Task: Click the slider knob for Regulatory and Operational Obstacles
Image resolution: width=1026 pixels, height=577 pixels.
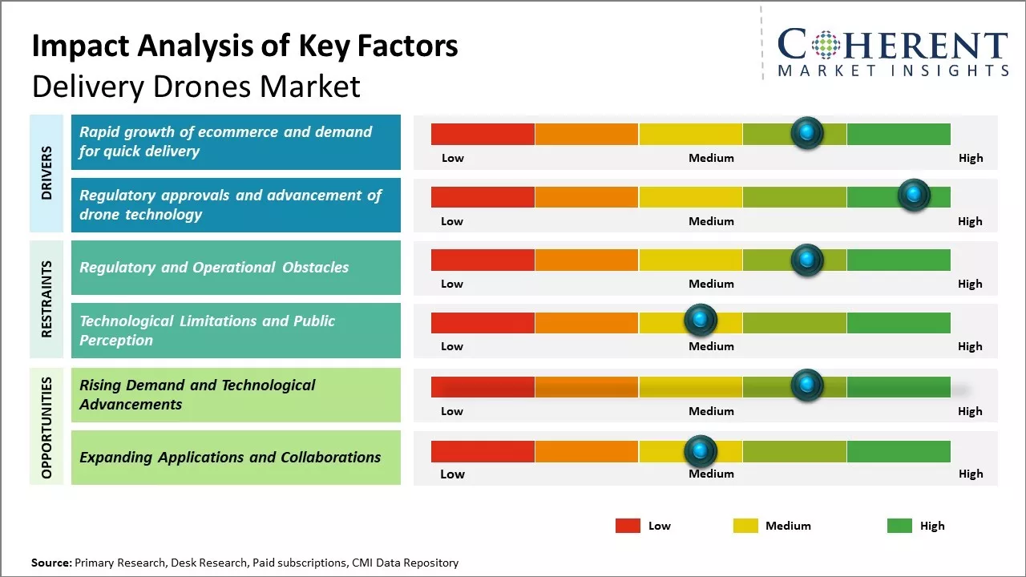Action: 807,260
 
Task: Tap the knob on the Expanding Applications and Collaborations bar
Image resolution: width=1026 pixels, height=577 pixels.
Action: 701,451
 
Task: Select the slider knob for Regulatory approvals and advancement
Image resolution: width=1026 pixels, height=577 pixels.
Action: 913,195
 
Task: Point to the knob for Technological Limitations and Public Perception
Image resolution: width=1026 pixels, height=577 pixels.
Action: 701,321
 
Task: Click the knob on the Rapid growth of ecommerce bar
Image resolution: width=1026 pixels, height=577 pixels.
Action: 807,132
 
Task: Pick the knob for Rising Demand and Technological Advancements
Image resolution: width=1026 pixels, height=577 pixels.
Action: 807,385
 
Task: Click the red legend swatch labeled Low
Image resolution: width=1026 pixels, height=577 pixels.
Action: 628,526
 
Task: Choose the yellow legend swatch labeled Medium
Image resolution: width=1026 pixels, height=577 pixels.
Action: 745,526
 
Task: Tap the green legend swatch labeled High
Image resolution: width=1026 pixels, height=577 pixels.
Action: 899,526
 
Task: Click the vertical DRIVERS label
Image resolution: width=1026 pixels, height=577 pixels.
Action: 46,172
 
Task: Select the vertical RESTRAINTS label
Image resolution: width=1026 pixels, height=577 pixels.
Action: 46,299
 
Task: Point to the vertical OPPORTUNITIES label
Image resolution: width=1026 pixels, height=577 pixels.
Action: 46,427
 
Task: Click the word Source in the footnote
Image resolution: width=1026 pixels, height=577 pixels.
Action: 50,563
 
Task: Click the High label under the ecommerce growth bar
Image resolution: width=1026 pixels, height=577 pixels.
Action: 970,158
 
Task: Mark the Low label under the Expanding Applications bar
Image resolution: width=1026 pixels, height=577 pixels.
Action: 452,474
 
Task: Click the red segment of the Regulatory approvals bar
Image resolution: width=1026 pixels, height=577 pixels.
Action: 483,197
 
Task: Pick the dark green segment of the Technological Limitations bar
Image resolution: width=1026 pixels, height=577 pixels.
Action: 899,323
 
